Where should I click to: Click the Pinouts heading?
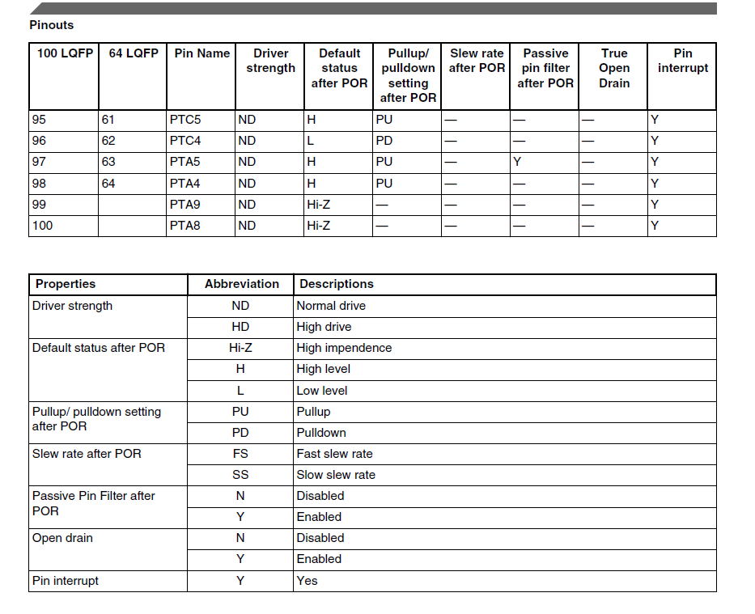(x=51, y=25)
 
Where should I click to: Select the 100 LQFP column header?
(x=65, y=53)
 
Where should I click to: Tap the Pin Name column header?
(x=201, y=53)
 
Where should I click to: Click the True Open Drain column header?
(x=613, y=68)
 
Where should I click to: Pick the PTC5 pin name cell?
(x=185, y=120)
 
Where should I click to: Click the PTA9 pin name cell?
(x=185, y=205)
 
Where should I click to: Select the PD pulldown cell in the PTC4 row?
(x=384, y=141)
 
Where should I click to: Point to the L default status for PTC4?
(x=311, y=141)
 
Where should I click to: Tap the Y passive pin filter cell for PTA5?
(x=517, y=162)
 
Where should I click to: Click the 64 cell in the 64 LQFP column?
(x=108, y=184)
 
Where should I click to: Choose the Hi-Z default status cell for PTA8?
(x=318, y=226)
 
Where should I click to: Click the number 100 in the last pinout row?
(x=42, y=226)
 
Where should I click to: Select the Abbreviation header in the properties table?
(x=241, y=285)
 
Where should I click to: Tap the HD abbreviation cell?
(x=240, y=327)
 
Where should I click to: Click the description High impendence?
(x=344, y=348)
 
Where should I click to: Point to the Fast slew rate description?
(x=334, y=454)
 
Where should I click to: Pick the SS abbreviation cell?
(x=240, y=475)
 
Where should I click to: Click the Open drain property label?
(x=63, y=538)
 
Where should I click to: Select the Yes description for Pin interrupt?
(x=308, y=581)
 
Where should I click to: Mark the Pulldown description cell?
(x=321, y=433)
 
